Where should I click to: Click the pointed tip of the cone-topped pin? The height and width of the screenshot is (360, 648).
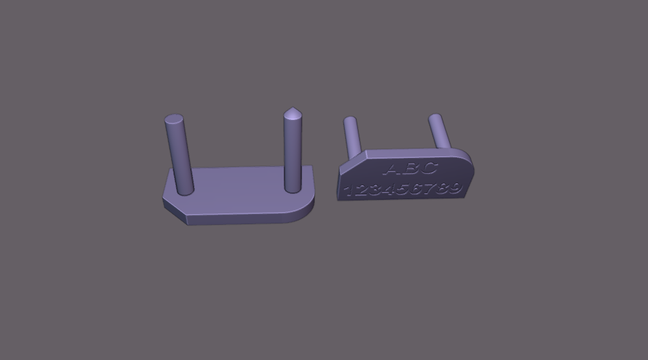(292, 109)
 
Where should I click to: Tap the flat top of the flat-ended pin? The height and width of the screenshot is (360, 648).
(174, 120)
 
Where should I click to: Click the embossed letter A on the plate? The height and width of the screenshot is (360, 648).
(393, 169)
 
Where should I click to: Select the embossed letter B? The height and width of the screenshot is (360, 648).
(410, 169)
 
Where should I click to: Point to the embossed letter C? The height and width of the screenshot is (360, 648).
(428, 168)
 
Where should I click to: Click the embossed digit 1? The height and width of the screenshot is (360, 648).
(350, 191)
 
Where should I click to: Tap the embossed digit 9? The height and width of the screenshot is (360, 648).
(455, 189)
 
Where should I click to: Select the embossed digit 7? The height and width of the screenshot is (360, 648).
(430, 189)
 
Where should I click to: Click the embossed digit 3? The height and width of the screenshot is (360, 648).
(376, 191)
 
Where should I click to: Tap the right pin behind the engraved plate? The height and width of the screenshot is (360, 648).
(439, 131)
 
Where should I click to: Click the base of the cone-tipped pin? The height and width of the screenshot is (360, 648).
(293, 189)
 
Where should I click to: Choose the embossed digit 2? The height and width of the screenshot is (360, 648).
(363, 191)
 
